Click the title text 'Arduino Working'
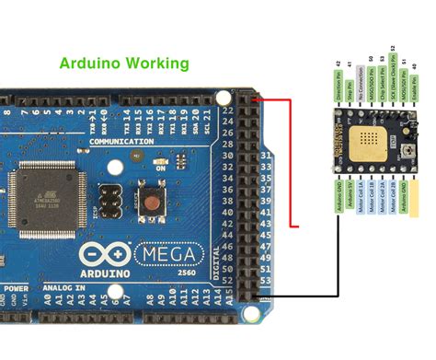(123, 64)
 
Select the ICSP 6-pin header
(110, 195)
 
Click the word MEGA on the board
(172, 252)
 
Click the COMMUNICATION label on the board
(122, 142)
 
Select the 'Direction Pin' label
(338, 85)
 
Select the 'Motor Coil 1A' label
(360, 200)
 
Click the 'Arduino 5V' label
(349, 200)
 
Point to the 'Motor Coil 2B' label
(393, 200)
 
